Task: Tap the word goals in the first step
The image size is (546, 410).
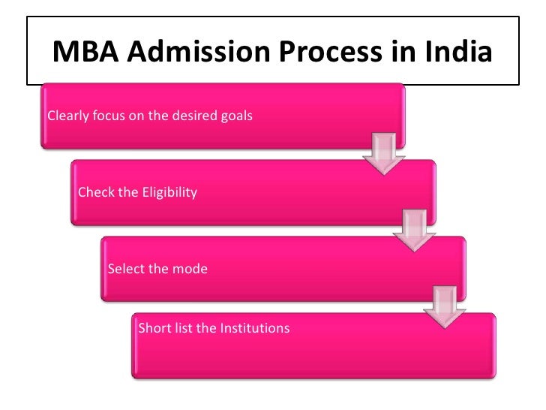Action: [237, 116]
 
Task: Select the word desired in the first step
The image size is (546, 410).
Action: [194, 116]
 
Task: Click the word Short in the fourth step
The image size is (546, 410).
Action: [154, 328]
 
